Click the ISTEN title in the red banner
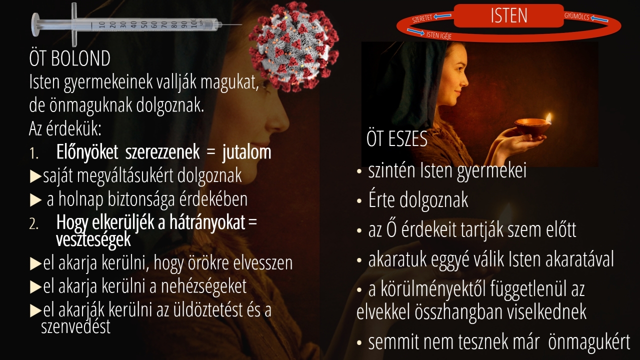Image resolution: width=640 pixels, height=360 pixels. tap(509, 15)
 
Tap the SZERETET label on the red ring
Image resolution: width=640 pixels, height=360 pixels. tap(422, 18)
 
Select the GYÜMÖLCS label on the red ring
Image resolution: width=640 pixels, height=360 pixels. tap(576, 16)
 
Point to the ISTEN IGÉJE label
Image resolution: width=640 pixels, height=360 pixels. tap(439, 35)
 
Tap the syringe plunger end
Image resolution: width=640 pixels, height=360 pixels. tap(35, 25)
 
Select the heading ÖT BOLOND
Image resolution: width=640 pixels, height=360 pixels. tap(69, 58)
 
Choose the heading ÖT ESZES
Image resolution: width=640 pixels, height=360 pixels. tap(397, 139)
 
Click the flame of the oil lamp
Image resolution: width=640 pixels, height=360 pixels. tap(548, 117)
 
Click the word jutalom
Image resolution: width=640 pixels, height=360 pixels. tap(246, 152)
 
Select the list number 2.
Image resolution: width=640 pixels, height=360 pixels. tap(33, 224)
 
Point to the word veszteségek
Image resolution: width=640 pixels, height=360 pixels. tap(93, 239)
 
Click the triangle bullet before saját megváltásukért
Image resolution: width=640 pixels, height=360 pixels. tap(35, 176)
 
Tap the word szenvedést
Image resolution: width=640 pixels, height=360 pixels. tap(75, 326)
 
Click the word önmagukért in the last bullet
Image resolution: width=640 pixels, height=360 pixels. tap(589, 342)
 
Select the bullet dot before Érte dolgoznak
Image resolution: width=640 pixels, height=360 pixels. tap(359, 201)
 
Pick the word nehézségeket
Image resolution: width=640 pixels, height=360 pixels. tap(203, 286)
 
